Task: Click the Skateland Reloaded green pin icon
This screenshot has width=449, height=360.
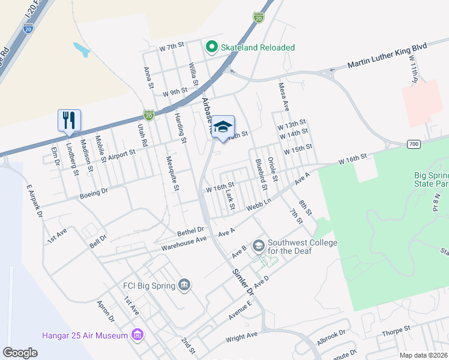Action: [x=211, y=47]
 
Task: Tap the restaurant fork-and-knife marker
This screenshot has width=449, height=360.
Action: [x=69, y=119]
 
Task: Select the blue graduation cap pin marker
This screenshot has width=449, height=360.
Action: [x=223, y=127]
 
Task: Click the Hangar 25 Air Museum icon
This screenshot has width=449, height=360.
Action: [x=138, y=335]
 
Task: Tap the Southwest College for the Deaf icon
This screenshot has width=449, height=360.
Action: [x=259, y=245]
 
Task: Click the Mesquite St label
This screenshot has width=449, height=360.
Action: [x=173, y=174]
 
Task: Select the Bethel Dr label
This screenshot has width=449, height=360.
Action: [x=190, y=230]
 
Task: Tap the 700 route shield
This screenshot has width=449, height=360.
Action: [x=413, y=144]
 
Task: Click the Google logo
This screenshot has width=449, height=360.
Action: [x=20, y=352]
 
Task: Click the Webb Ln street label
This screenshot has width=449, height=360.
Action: [x=260, y=205]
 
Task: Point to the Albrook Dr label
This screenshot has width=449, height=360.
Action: [x=331, y=337]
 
